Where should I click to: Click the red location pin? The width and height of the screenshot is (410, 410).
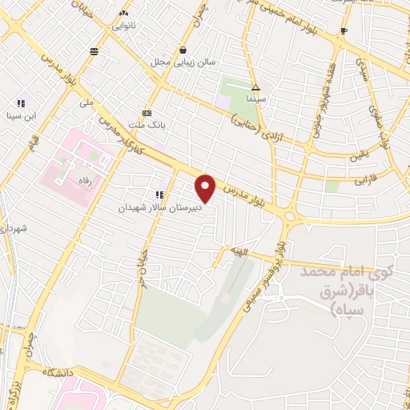(x=207, y=188)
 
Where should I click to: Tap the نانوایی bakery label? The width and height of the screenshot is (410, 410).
(x=123, y=24)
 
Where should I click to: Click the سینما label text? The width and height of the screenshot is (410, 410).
(x=255, y=97)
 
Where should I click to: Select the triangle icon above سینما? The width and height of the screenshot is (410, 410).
(x=255, y=86)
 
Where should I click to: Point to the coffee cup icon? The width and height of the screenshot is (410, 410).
(x=344, y=30)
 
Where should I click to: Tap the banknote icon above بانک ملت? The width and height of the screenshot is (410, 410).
(x=147, y=113)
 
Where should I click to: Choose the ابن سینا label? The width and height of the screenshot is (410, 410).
(x=21, y=114)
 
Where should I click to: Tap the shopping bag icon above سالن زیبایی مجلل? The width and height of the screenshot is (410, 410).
(x=183, y=50)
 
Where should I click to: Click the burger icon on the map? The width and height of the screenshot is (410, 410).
(x=94, y=50)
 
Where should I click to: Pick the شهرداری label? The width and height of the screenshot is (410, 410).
(x=14, y=229)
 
